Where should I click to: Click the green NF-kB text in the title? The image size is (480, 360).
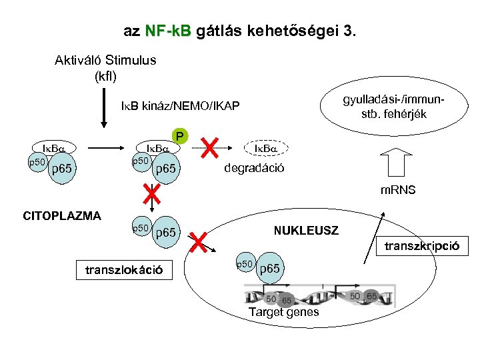(x=167, y=31)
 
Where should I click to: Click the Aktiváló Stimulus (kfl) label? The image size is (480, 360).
(x=105, y=67)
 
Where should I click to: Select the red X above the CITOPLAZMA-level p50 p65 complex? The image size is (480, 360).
(x=153, y=194)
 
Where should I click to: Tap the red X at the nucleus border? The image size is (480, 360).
(x=198, y=242)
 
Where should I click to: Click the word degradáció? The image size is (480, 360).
(x=253, y=167)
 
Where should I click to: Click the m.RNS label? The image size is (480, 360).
(x=397, y=190)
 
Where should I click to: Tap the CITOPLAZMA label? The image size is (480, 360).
(x=62, y=215)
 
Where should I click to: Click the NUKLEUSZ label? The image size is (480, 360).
(x=306, y=231)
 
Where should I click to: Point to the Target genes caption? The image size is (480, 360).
(x=283, y=312)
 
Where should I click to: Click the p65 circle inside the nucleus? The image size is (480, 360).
(x=269, y=268)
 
